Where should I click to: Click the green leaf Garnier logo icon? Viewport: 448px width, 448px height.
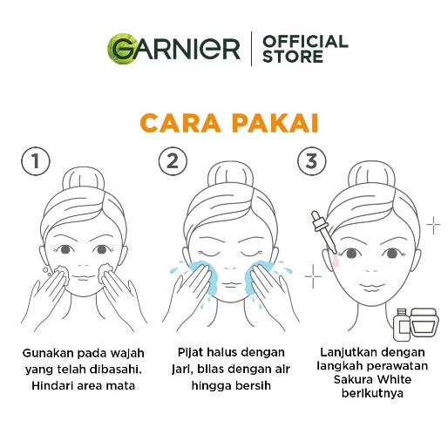[121, 49]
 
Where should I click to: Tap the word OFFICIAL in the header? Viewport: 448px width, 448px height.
[305, 42]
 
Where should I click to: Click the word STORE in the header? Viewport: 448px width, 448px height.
[293, 56]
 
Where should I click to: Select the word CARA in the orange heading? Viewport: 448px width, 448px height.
[180, 123]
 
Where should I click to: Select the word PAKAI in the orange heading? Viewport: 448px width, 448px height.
[275, 123]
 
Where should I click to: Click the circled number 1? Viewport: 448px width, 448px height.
[36, 161]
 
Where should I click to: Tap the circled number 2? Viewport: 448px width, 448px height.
[173, 161]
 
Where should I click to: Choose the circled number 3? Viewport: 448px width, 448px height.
[312, 161]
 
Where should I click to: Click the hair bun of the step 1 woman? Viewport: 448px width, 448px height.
[84, 178]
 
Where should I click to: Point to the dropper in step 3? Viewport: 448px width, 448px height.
[323, 232]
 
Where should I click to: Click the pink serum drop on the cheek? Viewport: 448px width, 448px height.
[336, 261]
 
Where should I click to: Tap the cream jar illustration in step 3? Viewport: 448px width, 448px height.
[424, 322]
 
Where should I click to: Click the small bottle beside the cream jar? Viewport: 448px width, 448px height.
[402, 324]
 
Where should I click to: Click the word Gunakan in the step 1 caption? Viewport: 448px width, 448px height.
[48, 353]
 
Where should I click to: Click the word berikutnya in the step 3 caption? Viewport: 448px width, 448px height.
[372, 394]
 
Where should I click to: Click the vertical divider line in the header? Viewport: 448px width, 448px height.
[251, 49]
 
